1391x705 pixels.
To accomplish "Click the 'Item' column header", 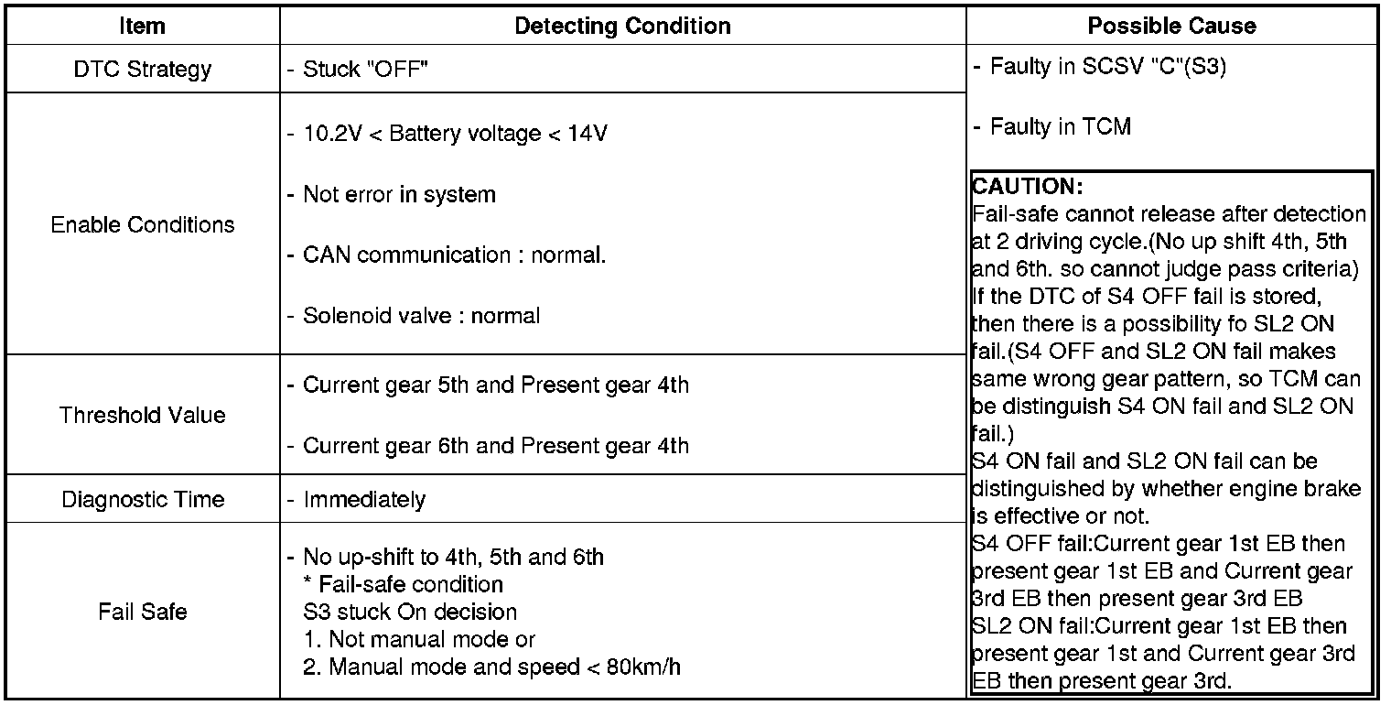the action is tap(142, 27).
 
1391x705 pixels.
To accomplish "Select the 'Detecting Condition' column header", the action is tap(622, 27).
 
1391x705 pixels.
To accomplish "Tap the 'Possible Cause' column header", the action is tap(1171, 27).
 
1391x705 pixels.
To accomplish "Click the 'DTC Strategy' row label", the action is tap(142, 70).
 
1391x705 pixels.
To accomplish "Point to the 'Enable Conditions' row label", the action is tap(143, 225).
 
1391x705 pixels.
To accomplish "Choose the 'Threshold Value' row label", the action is tap(142, 416).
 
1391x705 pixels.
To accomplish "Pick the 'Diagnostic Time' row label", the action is tap(142, 500).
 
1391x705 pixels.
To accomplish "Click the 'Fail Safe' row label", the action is tap(142, 612).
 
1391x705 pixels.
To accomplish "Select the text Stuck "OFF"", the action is tap(366, 70).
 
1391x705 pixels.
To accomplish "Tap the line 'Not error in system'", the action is tap(399, 195).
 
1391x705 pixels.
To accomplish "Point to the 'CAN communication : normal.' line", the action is tap(454, 255).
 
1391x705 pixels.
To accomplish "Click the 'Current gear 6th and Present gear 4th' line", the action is tap(495, 447).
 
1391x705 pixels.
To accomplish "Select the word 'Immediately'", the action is tap(364, 500).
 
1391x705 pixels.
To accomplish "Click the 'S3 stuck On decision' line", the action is tap(410, 612).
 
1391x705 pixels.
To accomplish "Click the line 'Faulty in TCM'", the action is tap(1060, 127).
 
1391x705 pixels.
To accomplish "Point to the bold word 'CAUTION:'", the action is tap(1028, 187).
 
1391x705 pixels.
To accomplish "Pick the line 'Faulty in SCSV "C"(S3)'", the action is tap(1107, 68).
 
